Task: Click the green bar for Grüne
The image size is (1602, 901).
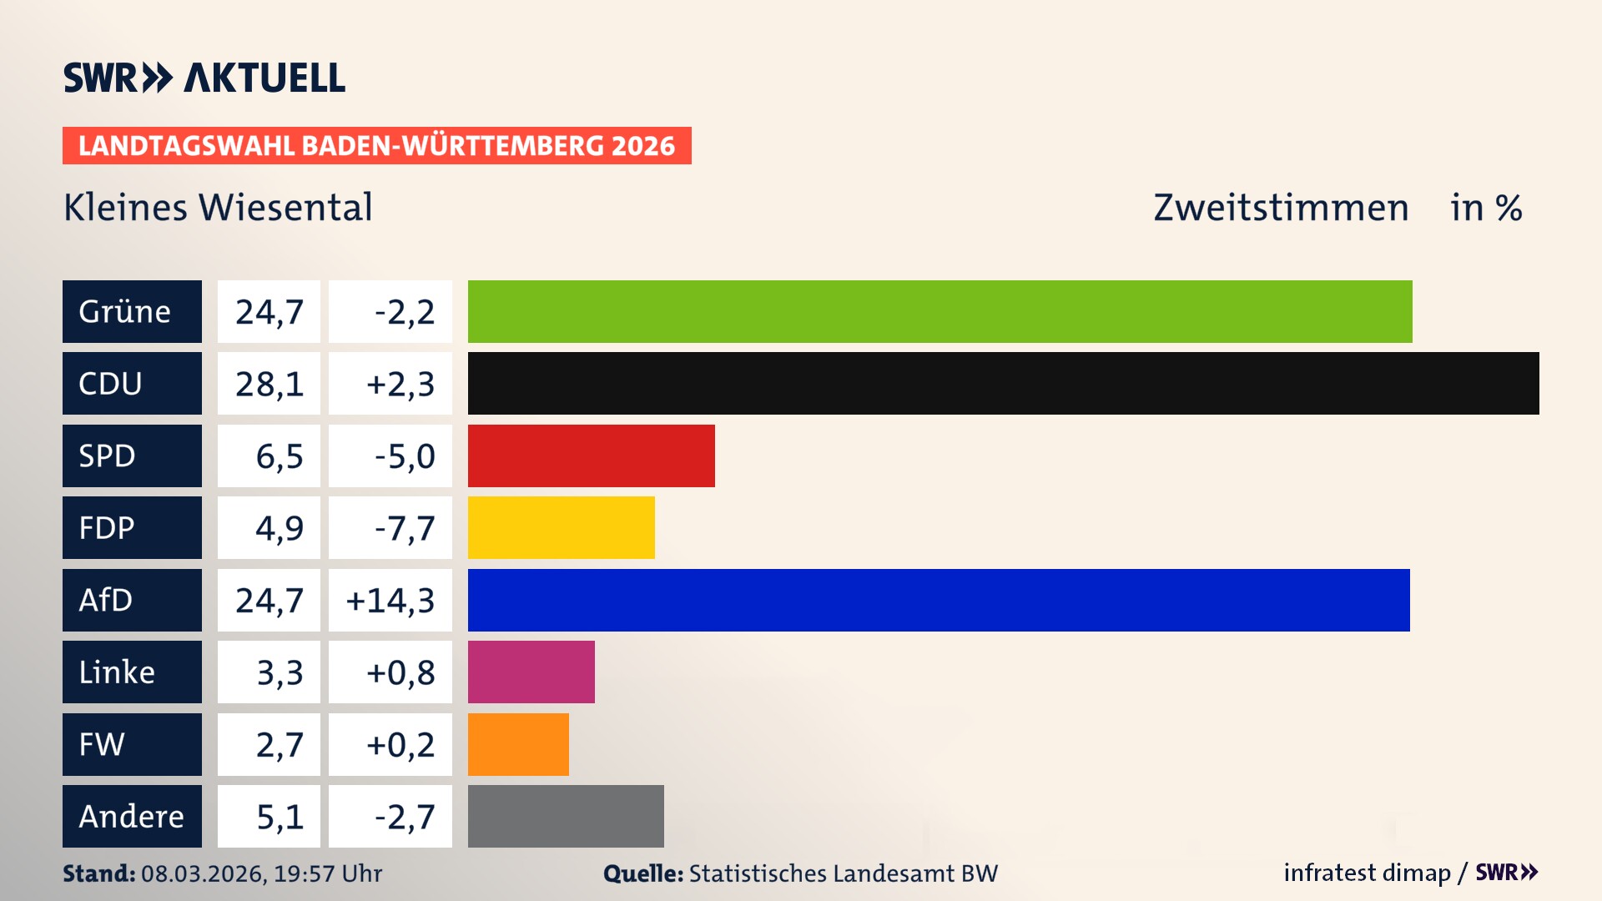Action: pyautogui.click(x=940, y=311)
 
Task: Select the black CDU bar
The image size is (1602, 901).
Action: pyautogui.click(x=1003, y=383)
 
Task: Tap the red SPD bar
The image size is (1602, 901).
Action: pyautogui.click(x=591, y=456)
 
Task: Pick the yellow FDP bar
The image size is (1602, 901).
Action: pyautogui.click(x=561, y=527)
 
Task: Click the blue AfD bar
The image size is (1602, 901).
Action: pyautogui.click(x=939, y=600)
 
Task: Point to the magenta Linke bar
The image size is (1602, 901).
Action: pyautogui.click(x=531, y=672)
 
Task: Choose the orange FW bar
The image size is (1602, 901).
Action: pyautogui.click(x=518, y=744)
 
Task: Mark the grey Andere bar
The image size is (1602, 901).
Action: pyautogui.click(x=566, y=816)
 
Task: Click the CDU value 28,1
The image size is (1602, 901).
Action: pyautogui.click(x=269, y=384)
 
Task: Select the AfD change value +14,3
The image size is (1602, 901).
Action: pyautogui.click(x=390, y=601)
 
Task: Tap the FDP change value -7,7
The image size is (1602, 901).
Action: pyautogui.click(x=405, y=528)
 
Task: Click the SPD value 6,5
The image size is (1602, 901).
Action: pyautogui.click(x=279, y=456)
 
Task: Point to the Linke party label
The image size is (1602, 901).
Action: pyautogui.click(x=117, y=672)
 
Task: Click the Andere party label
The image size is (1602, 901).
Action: pyautogui.click(x=131, y=816)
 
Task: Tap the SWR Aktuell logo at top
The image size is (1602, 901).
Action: pyautogui.click(x=204, y=78)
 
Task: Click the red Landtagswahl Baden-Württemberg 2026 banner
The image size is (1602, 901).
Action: pyautogui.click(x=376, y=145)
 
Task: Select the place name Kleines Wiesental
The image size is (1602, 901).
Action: pyautogui.click(x=218, y=207)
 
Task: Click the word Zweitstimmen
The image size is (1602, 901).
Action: pyautogui.click(x=1281, y=207)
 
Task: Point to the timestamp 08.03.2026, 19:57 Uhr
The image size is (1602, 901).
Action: pyautogui.click(x=261, y=873)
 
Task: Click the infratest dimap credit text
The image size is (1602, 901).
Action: pyautogui.click(x=1367, y=873)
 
